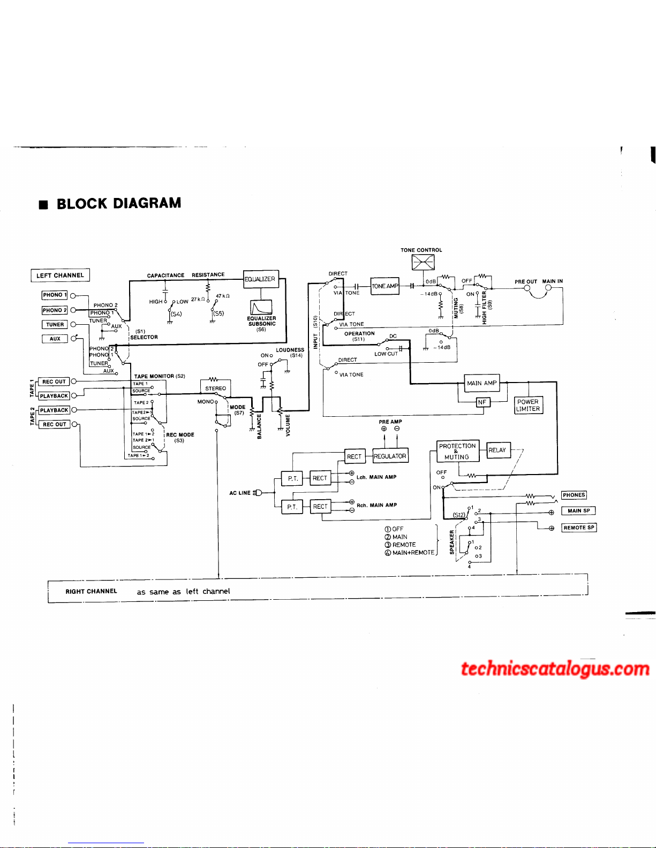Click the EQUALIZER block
pyautogui.click(x=261, y=279)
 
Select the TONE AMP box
pyautogui.click(x=385, y=286)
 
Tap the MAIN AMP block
pyautogui.click(x=482, y=383)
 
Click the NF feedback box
pyautogui.click(x=482, y=402)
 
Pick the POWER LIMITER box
pyautogui.click(x=528, y=405)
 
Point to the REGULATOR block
pyautogui.click(x=390, y=456)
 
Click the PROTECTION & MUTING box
pyautogui.click(x=456, y=452)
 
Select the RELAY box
pyautogui.click(x=497, y=450)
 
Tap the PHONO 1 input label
pyautogui.click(x=55, y=295)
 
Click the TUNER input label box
pyautogui.click(x=55, y=324)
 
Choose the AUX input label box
pyautogui.click(x=55, y=339)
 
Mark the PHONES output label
pyautogui.click(x=574, y=495)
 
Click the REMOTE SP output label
pyautogui.click(x=579, y=528)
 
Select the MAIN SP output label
pyautogui.click(x=578, y=511)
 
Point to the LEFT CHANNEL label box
pyautogui.click(x=60, y=276)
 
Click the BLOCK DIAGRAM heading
pyautogui.click(x=118, y=204)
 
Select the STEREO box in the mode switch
pyautogui.click(x=216, y=388)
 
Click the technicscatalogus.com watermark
pyautogui.click(x=555, y=669)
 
